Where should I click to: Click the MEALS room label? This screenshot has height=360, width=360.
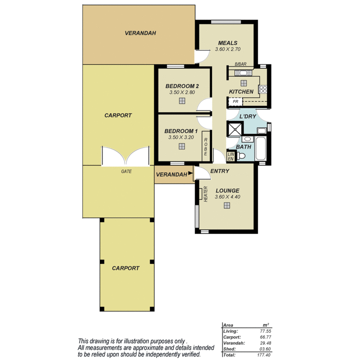(228, 43)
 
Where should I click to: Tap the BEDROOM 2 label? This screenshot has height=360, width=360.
(182, 86)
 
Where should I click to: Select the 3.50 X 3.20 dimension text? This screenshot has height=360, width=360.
(181, 138)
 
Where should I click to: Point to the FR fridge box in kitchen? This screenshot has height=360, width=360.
(235, 102)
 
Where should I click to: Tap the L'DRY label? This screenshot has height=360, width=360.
(247, 117)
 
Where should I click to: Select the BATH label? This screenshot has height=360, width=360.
(243, 147)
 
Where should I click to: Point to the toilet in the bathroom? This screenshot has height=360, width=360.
(242, 156)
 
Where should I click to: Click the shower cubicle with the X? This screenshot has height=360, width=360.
(234, 129)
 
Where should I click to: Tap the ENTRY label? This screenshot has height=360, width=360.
(220, 171)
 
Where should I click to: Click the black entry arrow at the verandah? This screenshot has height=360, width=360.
(190, 173)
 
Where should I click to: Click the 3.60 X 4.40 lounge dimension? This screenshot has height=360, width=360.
(227, 197)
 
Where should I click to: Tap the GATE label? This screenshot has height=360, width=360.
(126, 171)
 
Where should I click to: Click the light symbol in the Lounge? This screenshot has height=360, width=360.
(227, 206)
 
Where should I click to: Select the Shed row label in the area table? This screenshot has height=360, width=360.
(229, 348)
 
